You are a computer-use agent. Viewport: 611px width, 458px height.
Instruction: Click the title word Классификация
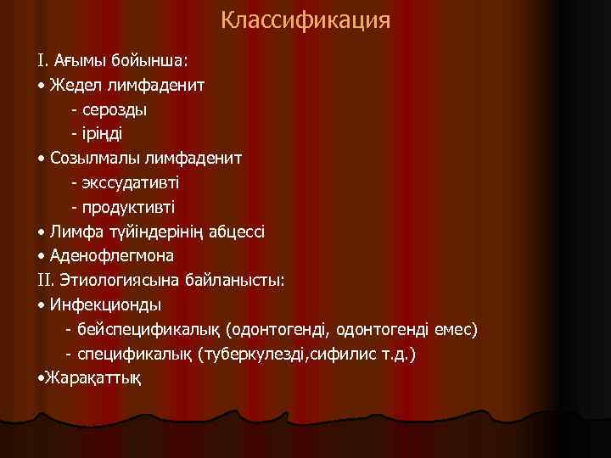[305, 20]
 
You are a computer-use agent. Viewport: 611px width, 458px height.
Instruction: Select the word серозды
[115, 109]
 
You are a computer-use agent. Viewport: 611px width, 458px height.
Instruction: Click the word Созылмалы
[93, 158]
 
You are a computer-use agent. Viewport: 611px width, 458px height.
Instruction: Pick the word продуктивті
[128, 206]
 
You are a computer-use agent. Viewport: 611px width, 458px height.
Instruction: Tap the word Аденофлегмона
[112, 254]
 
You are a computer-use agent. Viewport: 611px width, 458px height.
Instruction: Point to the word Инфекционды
[106, 304]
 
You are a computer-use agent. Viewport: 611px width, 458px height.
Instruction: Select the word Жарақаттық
[96, 377]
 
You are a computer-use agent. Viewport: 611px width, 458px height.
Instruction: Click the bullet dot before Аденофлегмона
[42, 255]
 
